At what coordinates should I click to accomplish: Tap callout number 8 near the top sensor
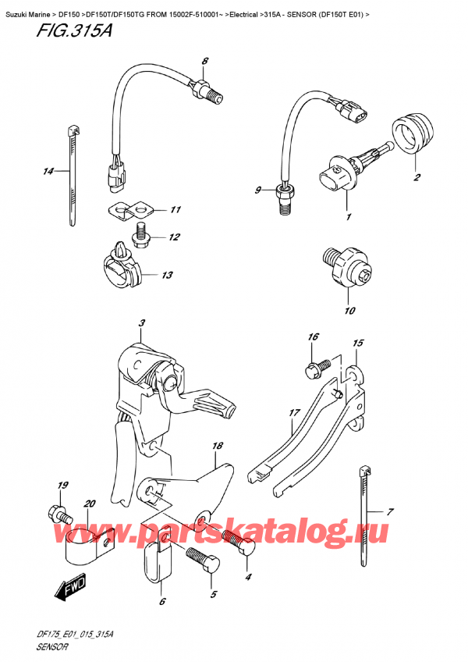(x=204, y=61)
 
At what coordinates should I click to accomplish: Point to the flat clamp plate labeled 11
(x=129, y=210)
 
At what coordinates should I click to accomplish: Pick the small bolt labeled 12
(x=142, y=231)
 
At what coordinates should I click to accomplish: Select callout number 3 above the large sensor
(x=141, y=323)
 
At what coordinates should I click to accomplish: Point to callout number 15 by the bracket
(x=358, y=343)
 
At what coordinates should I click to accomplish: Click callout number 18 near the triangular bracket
(x=218, y=445)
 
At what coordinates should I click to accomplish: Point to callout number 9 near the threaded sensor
(x=259, y=190)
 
